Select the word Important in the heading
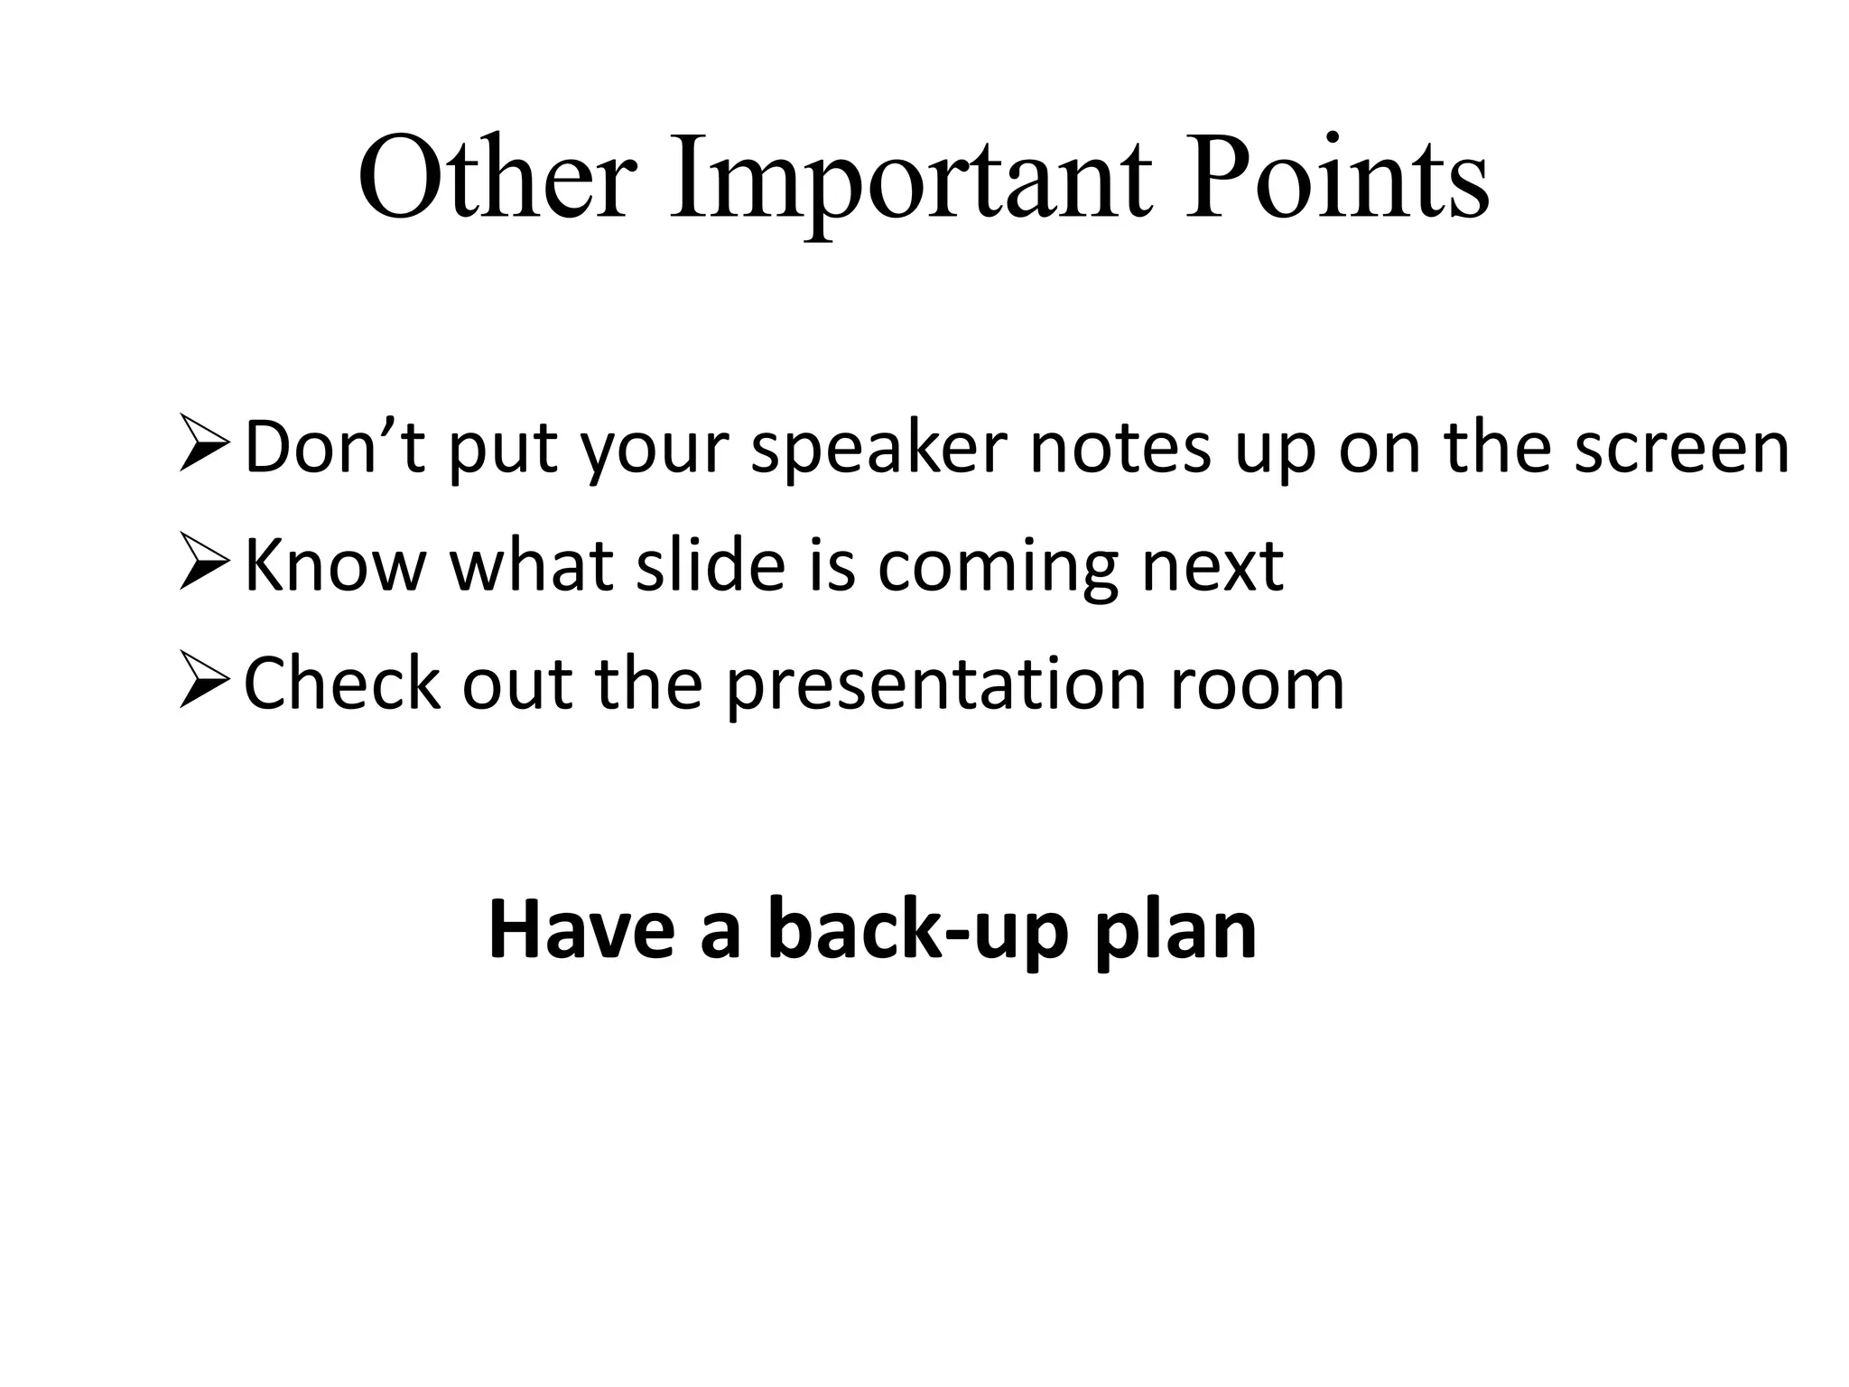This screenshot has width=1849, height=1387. (910, 181)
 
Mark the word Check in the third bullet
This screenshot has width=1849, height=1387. (342, 683)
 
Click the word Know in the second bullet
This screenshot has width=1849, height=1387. (335, 564)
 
